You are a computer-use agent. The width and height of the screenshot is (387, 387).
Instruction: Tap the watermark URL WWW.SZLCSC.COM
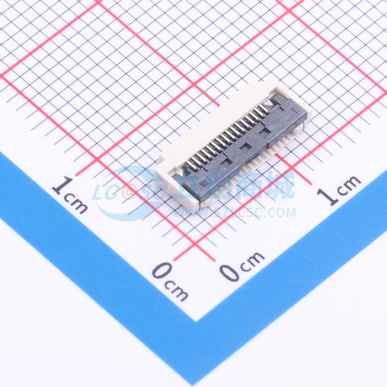point(235,213)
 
